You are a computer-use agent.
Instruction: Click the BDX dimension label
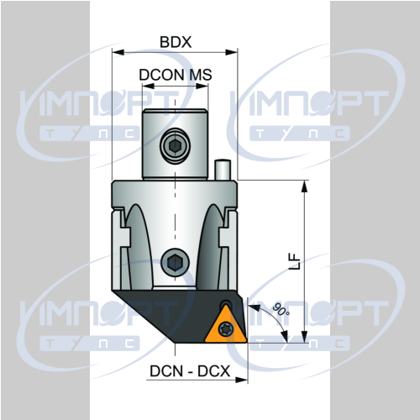pos(176,42)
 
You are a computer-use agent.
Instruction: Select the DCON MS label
pos(176,75)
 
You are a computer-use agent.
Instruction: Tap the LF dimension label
pos(294,261)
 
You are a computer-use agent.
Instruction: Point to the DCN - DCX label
pos(190,371)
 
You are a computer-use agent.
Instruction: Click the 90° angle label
pos(281,309)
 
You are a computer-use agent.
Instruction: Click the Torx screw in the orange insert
pos(225,328)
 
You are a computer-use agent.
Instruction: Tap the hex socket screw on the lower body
pos(176,262)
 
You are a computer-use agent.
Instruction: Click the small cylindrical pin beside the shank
pos(223,170)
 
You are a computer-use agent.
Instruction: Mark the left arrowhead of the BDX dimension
pos(118,52)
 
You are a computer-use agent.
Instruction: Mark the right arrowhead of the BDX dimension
pos(232,52)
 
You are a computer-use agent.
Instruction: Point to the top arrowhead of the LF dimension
pos(304,186)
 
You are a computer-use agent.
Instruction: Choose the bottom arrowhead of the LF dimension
pos(304,336)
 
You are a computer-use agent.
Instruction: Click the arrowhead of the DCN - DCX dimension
pos(242,380)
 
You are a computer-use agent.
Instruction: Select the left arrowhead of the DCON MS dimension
pos(148,86)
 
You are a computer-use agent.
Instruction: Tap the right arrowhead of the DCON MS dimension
pos(202,86)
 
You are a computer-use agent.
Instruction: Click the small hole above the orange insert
pos(225,304)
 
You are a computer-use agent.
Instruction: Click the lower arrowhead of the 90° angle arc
pos(285,337)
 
